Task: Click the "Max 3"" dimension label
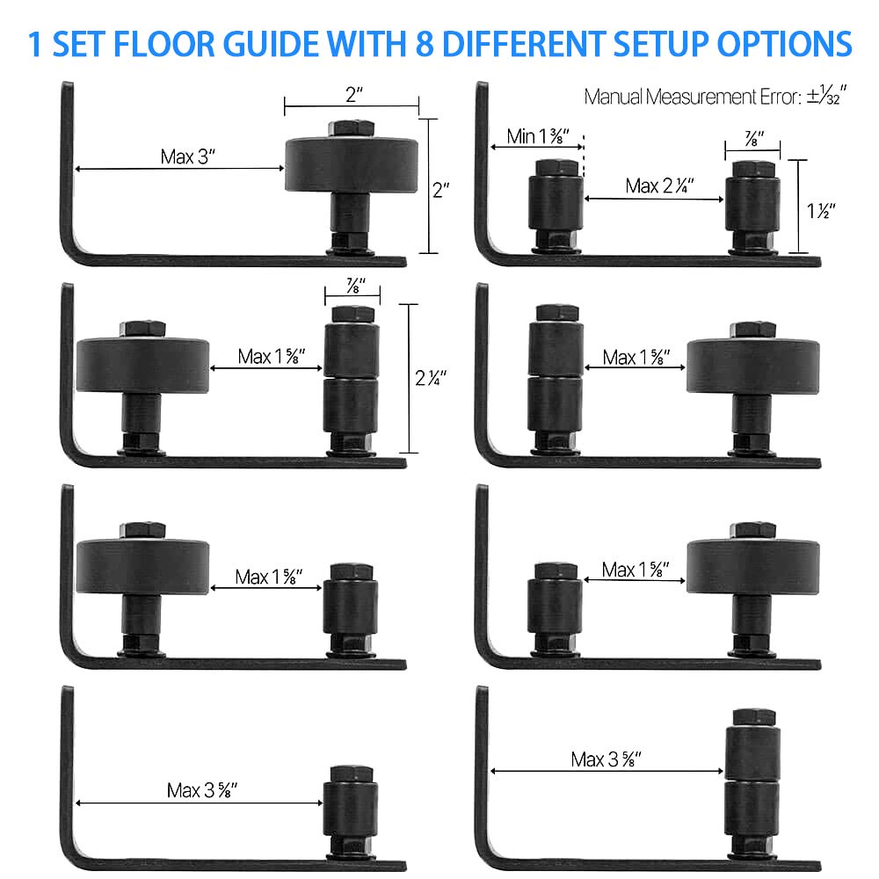click(x=188, y=156)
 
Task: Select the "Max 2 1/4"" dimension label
click(x=660, y=185)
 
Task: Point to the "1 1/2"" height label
click(x=820, y=210)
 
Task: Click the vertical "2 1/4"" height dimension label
click(x=431, y=379)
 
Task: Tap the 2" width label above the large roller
click(x=354, y=96)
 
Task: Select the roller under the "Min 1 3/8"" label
click(x=555, y=202)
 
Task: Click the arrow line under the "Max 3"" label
click(x=179, y=169)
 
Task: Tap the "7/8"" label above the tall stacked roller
click(x=356, y=287)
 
